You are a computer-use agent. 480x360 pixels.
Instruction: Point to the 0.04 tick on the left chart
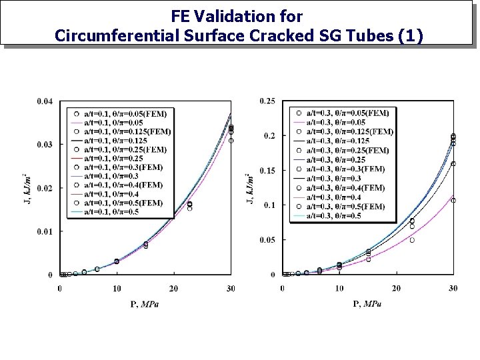(45, 101)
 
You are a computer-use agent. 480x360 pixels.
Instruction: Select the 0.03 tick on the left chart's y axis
(45, 145)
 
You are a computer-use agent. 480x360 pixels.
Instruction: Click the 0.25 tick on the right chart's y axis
(267, 101)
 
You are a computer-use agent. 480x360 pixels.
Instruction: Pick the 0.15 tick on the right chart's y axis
(267, 171)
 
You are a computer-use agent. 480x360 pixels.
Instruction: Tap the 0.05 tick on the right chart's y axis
(267, 240)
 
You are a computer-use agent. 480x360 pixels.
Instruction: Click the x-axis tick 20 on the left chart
(174, 288)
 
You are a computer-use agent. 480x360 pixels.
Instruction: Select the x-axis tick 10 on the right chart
(339, 288)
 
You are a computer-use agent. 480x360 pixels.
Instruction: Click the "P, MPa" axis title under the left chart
(145, 305)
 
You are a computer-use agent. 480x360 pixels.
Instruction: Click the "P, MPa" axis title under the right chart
(367, 305)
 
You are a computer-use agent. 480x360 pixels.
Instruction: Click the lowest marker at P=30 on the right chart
(453, 200)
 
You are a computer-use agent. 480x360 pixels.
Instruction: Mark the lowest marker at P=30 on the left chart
(231, 141)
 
